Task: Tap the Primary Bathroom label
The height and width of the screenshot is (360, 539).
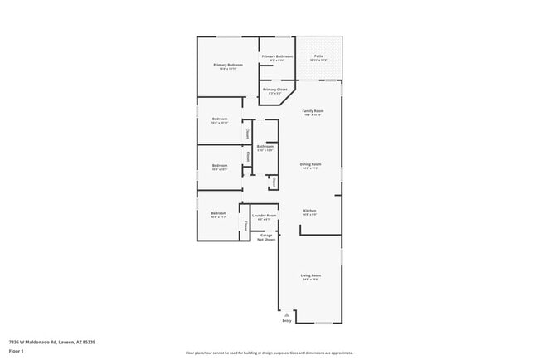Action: click(x=278, y=56)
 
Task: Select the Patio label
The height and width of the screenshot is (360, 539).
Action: click(x=318, y=56)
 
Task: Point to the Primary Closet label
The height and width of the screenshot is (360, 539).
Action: click(x=275, y=89)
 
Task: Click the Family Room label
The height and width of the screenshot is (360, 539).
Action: click(x=312, y=110)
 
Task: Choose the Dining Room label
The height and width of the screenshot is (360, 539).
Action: click(x=310, y=164)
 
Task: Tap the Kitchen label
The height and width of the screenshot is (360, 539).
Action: click(x=309, y=211)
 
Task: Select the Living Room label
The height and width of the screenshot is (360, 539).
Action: click(x=310, y=275)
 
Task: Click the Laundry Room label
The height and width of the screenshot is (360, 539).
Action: click(x=264, y=216)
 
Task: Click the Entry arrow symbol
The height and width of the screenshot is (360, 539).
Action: click(x=287, y=314)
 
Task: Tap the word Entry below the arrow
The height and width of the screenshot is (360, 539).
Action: click(x=287, y=320)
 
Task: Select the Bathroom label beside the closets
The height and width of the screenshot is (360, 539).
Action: click(x=265, y=147)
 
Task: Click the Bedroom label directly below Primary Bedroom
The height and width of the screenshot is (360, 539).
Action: click(x=219, y=119)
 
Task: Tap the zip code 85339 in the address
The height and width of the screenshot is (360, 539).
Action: click(x=89, y=342)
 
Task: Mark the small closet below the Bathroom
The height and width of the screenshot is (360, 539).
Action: click(x=274, y=182)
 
